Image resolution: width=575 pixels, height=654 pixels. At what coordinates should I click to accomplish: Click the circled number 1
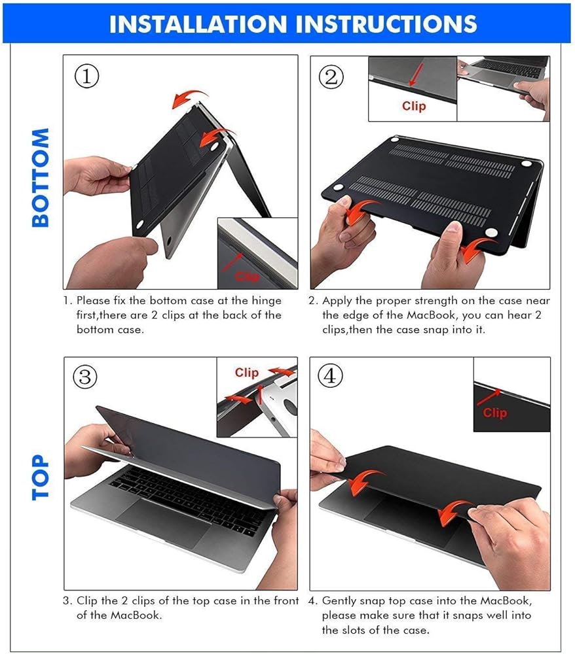click(x=87, y=77)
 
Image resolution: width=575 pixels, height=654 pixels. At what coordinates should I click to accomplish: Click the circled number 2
click(x=331, y=77)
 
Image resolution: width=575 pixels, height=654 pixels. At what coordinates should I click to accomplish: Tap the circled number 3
click(x=85, y=377)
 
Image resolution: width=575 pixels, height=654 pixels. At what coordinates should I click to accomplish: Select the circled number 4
click(x=330, y=376)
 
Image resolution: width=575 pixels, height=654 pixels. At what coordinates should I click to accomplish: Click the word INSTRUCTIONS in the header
click(x=386, y=24)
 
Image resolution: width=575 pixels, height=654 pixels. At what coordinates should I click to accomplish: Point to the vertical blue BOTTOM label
click(x=41, y=178)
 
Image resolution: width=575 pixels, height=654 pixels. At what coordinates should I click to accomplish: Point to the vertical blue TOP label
click(x=41, y=477)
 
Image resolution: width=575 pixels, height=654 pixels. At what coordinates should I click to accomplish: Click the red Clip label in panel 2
click(x=414, y=106)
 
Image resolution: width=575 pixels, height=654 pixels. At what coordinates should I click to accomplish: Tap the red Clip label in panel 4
click(x=495, y=413)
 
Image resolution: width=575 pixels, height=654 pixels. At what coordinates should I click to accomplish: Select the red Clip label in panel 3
click(x=246, y=372)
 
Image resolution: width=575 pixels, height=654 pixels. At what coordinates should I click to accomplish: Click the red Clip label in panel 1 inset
click(x=247, y=277)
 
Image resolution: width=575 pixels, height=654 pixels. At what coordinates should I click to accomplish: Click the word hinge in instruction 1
click(x=266, y=301)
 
